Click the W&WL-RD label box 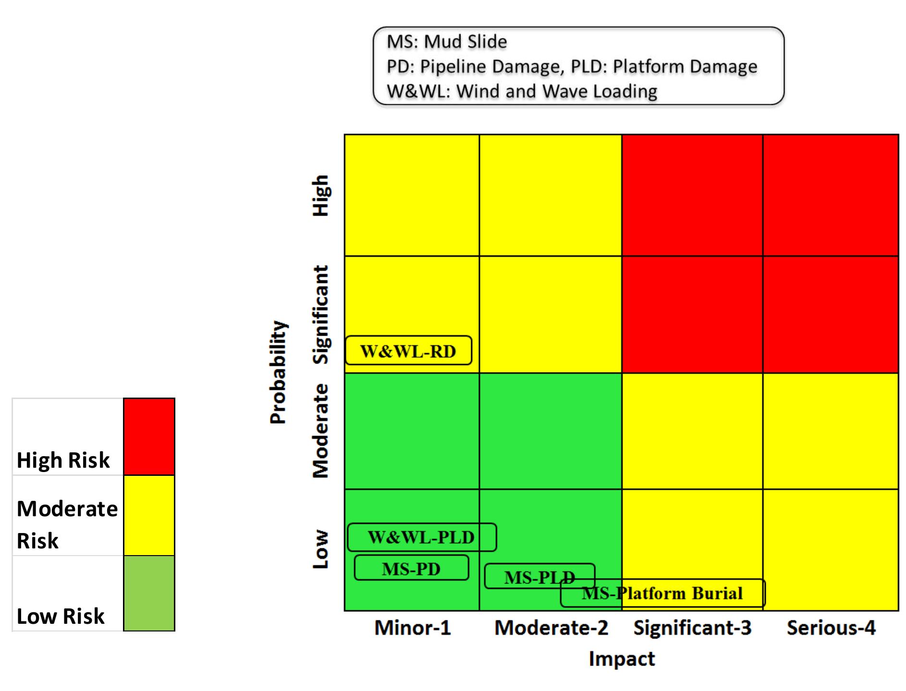(408, 351)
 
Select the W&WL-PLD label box (421, 537)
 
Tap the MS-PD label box (411, 569)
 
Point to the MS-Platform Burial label (662, 594)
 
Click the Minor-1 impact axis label (413, 628)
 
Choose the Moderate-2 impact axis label (551, 628)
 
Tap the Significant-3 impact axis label (692, 628)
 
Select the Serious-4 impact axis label (831, 628)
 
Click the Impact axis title (622, 659)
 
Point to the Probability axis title (278, 372)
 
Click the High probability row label (320, 195)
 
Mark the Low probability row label (320, 549)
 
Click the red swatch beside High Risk (149, 436)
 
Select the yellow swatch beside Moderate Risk (149, 515)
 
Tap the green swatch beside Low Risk (149, 593)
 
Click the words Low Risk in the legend (61, 616)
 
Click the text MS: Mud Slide (447, 42)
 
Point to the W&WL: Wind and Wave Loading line (522, 91)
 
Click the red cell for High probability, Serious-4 (831, 195)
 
